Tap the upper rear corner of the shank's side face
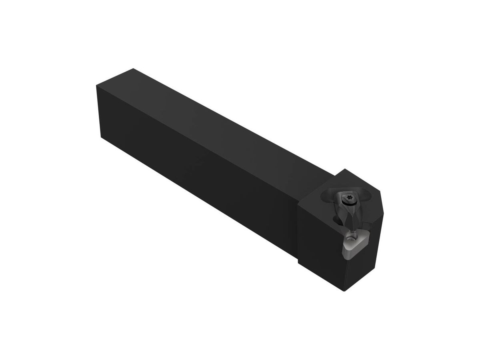click(x=96, y=86)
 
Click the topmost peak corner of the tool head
click(x=345, y=170)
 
